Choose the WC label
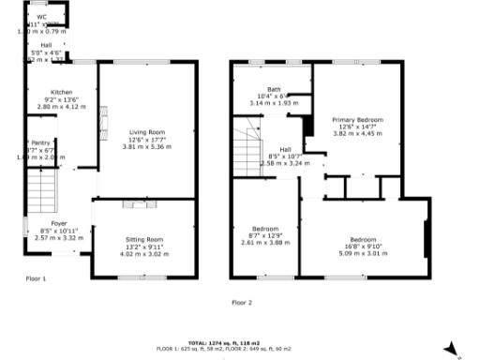(x=41, y=17)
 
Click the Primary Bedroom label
(x=357, y=120)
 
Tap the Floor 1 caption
(x=36, y=278)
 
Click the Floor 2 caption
(x=242, y=302)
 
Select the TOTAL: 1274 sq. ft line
(x=240, y=342)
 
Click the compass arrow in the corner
(x=451, y=348)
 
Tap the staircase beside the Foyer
(x=42, y=194)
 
